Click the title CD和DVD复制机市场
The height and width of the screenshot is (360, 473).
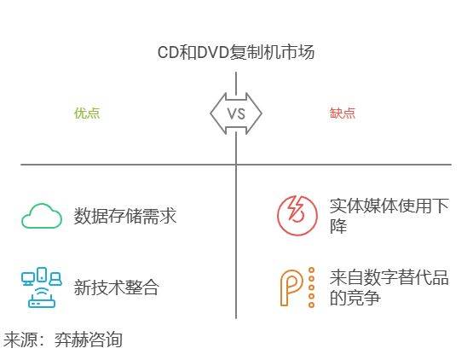click(x=236, y=53)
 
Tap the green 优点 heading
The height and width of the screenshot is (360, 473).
click(x=87, y=113)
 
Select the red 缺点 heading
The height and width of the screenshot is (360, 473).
click(x=343, y=113)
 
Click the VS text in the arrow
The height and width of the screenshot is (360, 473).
click(x=236, y=113)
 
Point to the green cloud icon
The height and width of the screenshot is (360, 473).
click(x=42, y=216)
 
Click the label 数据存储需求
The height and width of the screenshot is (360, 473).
click(x=125, y=216)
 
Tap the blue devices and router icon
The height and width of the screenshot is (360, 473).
click(x=42, y=287)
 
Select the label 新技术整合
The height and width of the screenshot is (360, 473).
click(x=117, y=287)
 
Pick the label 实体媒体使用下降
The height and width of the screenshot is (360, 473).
click(x=389, y=216)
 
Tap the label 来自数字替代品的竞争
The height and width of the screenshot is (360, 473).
click(x=389, y=287)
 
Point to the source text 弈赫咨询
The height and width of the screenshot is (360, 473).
click(x=89, y=340)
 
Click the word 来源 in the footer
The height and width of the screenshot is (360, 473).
click(x=20, y=340)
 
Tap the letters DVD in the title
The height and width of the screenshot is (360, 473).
click(x=212, y=53)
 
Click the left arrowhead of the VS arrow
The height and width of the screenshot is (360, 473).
click(x=218, y=113)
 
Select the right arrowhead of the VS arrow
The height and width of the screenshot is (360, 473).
click(x=254, y=113)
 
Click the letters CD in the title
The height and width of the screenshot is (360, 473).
click(x=168, y=53)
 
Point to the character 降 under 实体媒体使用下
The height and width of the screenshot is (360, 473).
click(x=337, y=225)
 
